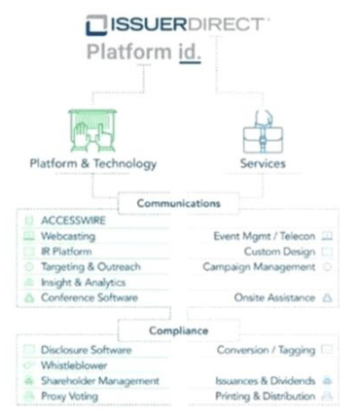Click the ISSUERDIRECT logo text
pos(184,24)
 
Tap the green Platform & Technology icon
pos(93,127)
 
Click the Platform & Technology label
pos(93,163)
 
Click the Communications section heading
pos(178,204)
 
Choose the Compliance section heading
pos(178,330)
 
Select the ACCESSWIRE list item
pos(74,221)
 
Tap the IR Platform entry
pos(69,251)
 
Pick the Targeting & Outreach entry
pos(90,266)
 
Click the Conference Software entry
pos(89,297)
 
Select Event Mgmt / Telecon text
pos(265,236)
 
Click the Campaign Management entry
pos(259,266)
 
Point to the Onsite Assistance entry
pos(274,297)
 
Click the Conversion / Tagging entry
pos(266,349)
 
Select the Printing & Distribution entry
pos(266,397)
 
